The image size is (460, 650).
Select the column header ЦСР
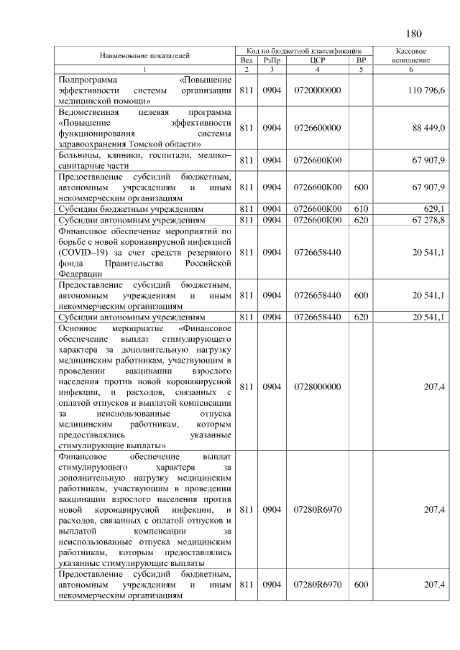pyautogui.click(x=317, y=60)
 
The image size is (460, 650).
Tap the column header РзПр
pyautogui.click(x=271, y=60)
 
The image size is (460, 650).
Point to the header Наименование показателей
pyautogui.click(x=144, y=55)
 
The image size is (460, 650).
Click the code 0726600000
pyautogui.click(x=317, y=128)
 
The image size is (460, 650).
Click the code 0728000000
pyautogui.click(x=317, y=386)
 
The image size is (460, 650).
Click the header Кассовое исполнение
pyautogui.click(x=412, y=55)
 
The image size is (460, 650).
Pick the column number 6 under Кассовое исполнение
pyautogui.click(x=412, y=70)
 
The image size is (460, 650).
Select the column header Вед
pyautogui.click(x=246, y=60)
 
